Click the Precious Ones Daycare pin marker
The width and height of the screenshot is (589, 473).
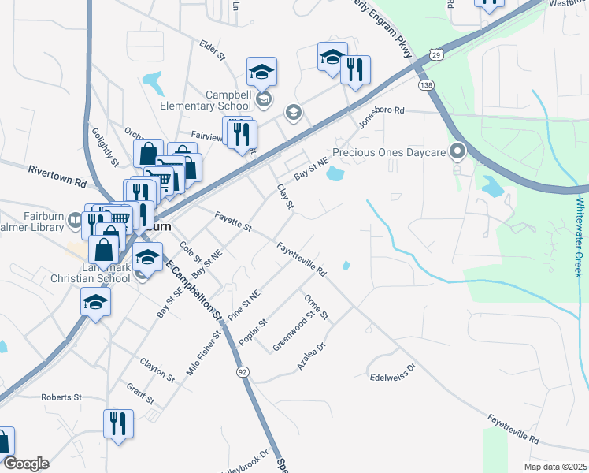[x=457, y=151]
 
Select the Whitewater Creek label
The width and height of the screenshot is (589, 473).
[x=579, y=236]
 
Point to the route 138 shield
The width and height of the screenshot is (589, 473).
[x=426, y=84]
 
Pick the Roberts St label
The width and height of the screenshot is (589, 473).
[x=61, y=397]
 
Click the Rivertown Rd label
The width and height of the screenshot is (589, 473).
[x=57, y=175]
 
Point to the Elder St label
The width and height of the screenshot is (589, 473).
[x=213, y=50]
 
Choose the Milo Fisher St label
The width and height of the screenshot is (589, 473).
[x=202, y=354]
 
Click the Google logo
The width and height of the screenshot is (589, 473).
[x=26, y=463]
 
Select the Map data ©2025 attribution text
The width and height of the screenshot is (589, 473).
[x=555, y=467]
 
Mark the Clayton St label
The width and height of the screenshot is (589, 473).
[x=157, y=369]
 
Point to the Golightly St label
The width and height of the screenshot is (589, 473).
[x=104, y=147]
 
